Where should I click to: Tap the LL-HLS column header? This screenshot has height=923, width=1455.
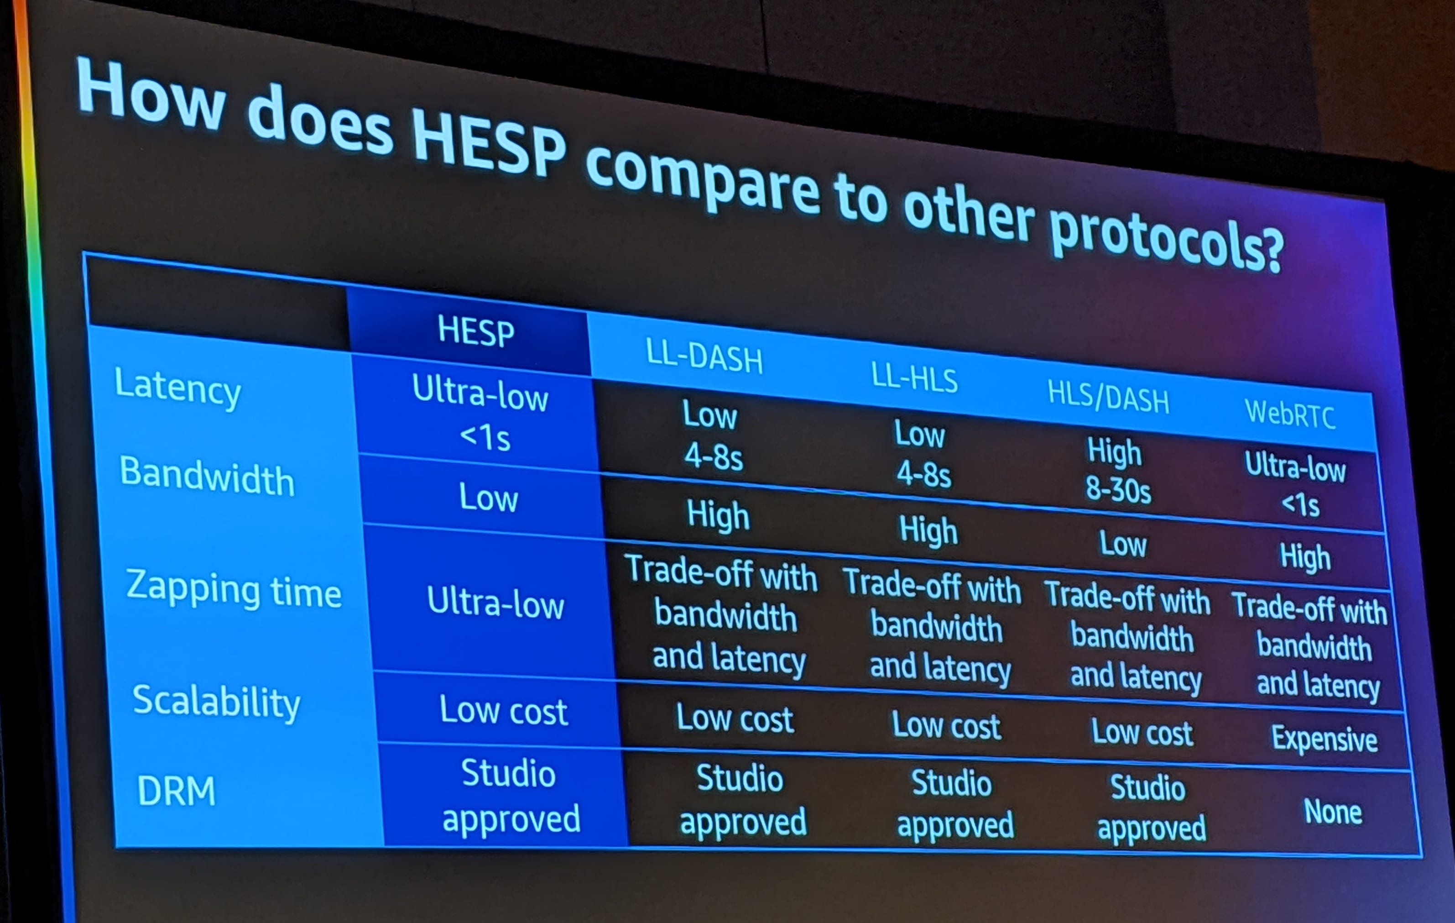click(914, 378)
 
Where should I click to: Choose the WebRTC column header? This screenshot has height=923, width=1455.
click(1289, 414)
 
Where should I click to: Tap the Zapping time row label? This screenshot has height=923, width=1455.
click(233, 590)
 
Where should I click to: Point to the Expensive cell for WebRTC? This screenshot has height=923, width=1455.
click(1324, 739)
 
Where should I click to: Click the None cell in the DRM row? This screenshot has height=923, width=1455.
click(1332, 811)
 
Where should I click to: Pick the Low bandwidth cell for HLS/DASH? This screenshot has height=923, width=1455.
click(1122, 544)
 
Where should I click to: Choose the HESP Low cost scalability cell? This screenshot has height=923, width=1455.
click(503, 711)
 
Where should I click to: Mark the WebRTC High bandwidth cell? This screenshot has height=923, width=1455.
click(1305, 557)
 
